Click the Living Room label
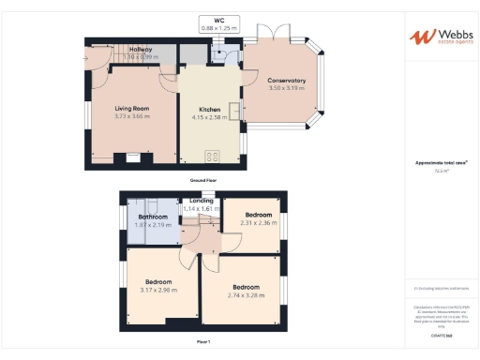[x=132, y=109]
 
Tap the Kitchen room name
[x=208, y=110]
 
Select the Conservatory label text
[x=287, y=80]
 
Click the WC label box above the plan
[x=220, y=23]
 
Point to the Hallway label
[x=141, y=49]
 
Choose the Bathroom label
[x=153, y=217]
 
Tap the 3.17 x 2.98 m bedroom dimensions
[x=157, y=290]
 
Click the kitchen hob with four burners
[x=212, y=157]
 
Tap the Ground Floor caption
[x=202, y=179]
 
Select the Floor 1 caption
[x=202, y=341]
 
